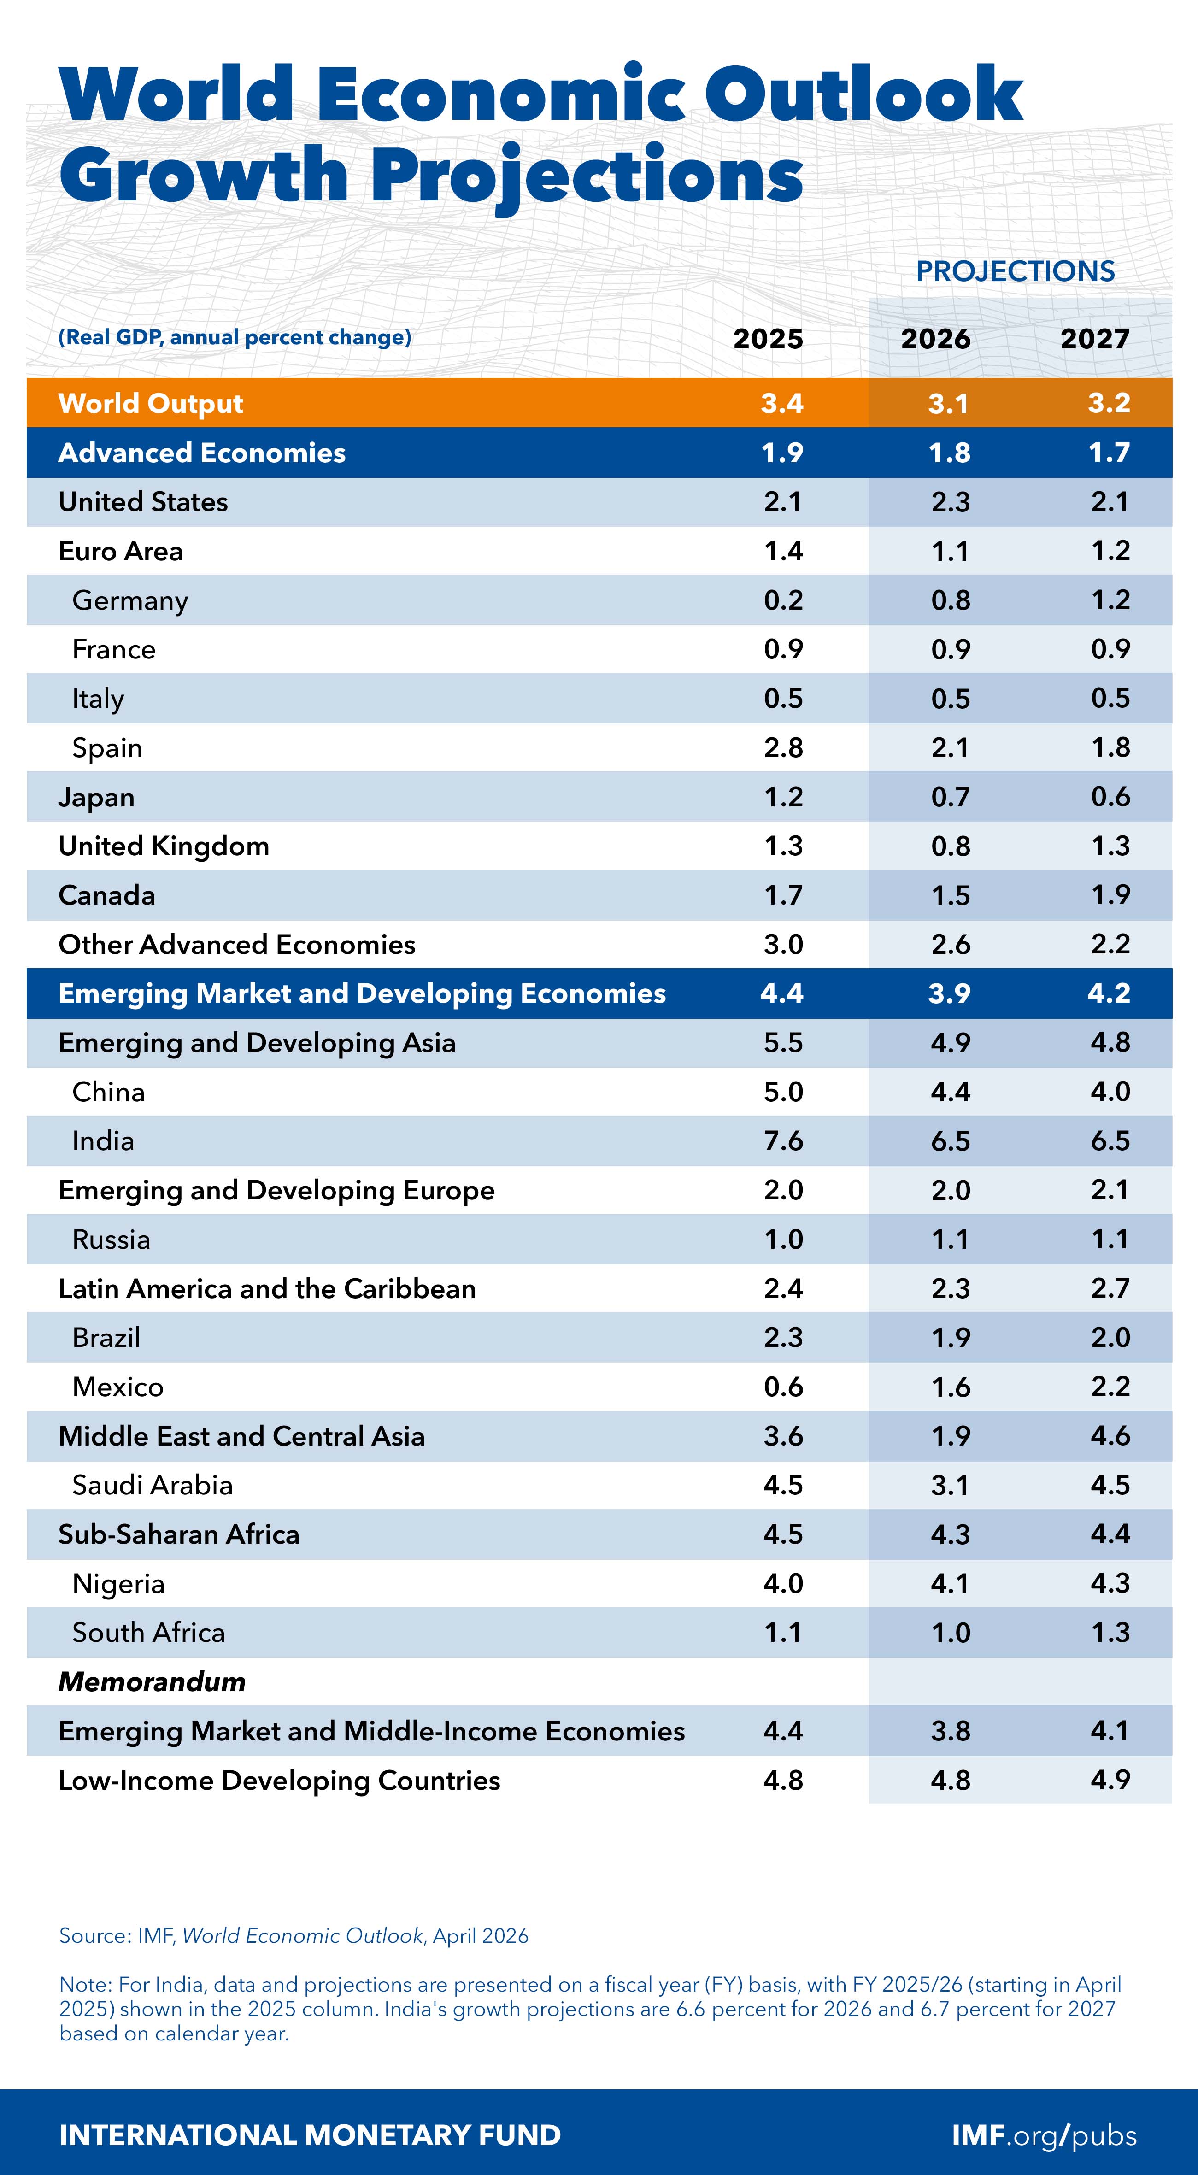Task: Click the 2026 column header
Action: pyautogui.click(x=935, y=339)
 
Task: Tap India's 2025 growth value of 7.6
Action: pyautogui.click(x=783, y=1140)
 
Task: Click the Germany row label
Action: pyautogui.click(x=130, y=600)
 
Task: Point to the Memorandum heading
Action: pyautogui.click(x=152, y=1681)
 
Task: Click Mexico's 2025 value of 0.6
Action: pyautogui.click(x=783, y=1387)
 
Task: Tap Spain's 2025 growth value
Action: pyautogui.click(x=783, y=747)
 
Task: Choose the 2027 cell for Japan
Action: pyautogui.click(x=1110, y=796)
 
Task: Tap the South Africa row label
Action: pyautogui.click(x=148, y=1632)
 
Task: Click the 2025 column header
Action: pyautogui.click(x=768, y=339)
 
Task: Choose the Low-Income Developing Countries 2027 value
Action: pyautogui.click(x=1110, y=1780)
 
